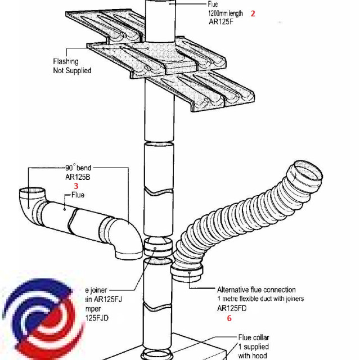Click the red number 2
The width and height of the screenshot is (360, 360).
(253, 13)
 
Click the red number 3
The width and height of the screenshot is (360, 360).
(76, 185)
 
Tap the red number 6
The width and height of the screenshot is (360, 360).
(229, 318)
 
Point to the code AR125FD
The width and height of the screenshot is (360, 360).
(232, 308)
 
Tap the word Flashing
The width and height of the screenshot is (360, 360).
(66, 61)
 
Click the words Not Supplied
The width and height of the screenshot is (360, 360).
(72, 71)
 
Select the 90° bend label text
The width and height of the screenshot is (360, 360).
(78, 168)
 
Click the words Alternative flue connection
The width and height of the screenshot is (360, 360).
(256, 290)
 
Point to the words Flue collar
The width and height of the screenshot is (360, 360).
(254, 337)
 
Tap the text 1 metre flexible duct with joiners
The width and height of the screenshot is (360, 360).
(260, 299)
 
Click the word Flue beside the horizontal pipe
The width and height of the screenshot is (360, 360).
(78, 195)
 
